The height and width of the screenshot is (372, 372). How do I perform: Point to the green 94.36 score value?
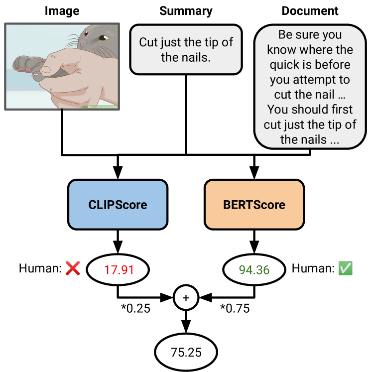(x=254, y=270)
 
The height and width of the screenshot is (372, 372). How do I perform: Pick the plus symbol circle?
(x=186, y=298)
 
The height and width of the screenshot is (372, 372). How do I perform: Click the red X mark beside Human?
(x=73, y=269)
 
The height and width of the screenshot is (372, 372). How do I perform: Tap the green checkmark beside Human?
(x=345, y=269)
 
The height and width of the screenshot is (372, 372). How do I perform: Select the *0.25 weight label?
(x=135, y=309)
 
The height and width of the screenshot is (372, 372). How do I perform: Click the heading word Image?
(x=62, y=10)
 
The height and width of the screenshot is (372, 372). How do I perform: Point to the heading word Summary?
(x=186, y=10)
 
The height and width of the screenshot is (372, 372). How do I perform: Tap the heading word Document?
(x=310, y=10)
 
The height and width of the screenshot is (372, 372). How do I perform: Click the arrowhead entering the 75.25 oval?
(x=186, y=329)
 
